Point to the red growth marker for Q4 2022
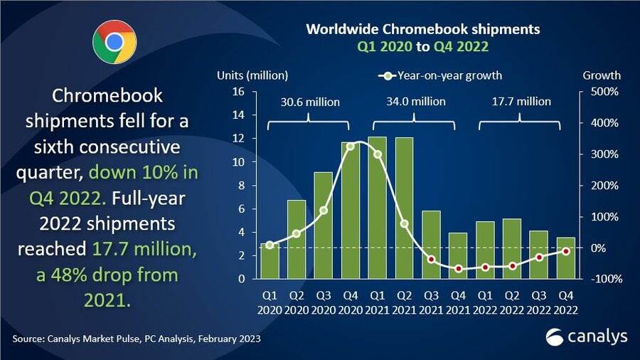[x=566, y=251]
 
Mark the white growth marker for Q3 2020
[x=324, y=211]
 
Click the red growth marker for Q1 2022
[x=486, y=268]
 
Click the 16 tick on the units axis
[x=239, y=92]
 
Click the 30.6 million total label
[x=309, y=102]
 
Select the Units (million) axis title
[x=252, y=75]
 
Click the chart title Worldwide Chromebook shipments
[x=422, y=30]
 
